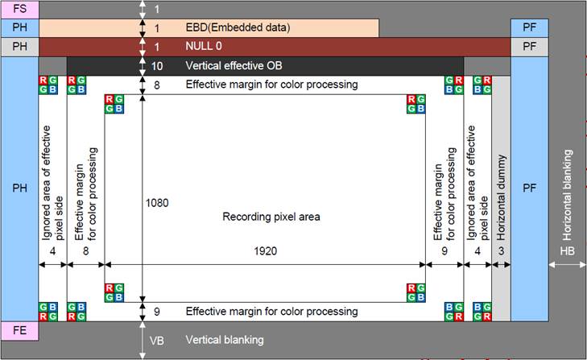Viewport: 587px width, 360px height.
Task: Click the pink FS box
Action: [x=19, y=10]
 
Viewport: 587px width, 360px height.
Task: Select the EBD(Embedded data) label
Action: [x=238, y=27]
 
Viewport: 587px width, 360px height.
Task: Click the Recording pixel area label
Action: [x=271, y=217]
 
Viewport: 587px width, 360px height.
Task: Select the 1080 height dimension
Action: [x=157, y=203]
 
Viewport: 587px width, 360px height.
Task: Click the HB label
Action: [x=568, y=251]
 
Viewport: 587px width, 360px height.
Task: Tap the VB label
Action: [x=156, y=341]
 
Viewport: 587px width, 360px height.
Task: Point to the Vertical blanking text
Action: [x=225, y=341]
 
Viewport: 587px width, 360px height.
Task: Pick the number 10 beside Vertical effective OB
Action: [x=157, y=65]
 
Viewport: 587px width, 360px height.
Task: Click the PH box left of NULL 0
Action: [x=19, y=47]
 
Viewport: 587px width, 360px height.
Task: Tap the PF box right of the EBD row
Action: [x=529, y=27]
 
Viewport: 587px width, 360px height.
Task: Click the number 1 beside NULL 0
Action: [x=157, y=47]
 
